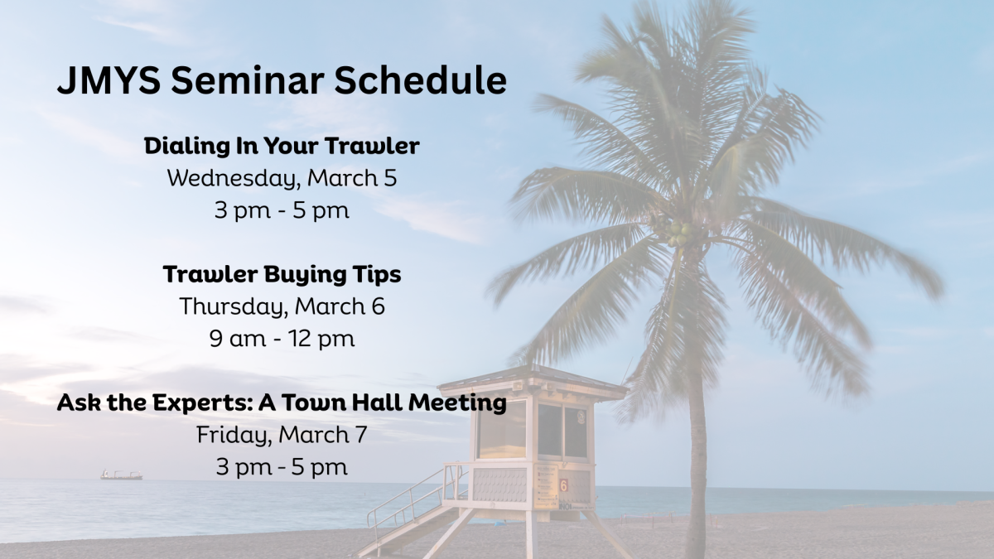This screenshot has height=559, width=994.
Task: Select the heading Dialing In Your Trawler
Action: (x=282, y=147)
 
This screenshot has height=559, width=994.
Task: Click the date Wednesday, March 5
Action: (x=282, y=178)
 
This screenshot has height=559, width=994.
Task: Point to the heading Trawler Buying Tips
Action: (x=282, y=274)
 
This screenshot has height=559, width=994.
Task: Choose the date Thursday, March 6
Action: (x=282, y=306)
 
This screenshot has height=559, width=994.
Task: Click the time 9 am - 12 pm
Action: (x=282, y=339)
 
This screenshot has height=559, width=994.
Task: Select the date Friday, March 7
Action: (x=282, y=434)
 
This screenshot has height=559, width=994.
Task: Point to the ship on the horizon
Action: (x=121, y=475)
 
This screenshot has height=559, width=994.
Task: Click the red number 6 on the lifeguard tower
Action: (x=563, y=485)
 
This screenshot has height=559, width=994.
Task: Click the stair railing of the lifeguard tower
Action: (x=410, y=497)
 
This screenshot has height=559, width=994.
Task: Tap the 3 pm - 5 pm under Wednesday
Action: (x=282, y=210)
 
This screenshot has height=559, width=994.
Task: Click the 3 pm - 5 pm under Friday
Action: (x=282, y=466)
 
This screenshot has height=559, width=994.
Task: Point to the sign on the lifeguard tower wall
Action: (x=546, y=485)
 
